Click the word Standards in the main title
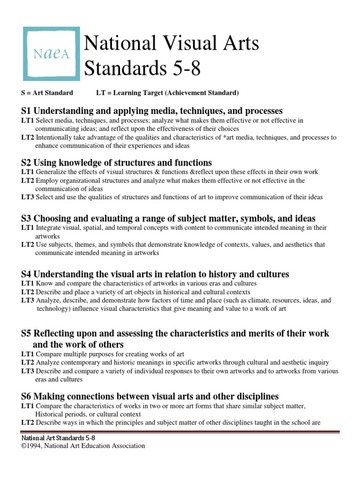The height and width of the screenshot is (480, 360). (x=127, y=71)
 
